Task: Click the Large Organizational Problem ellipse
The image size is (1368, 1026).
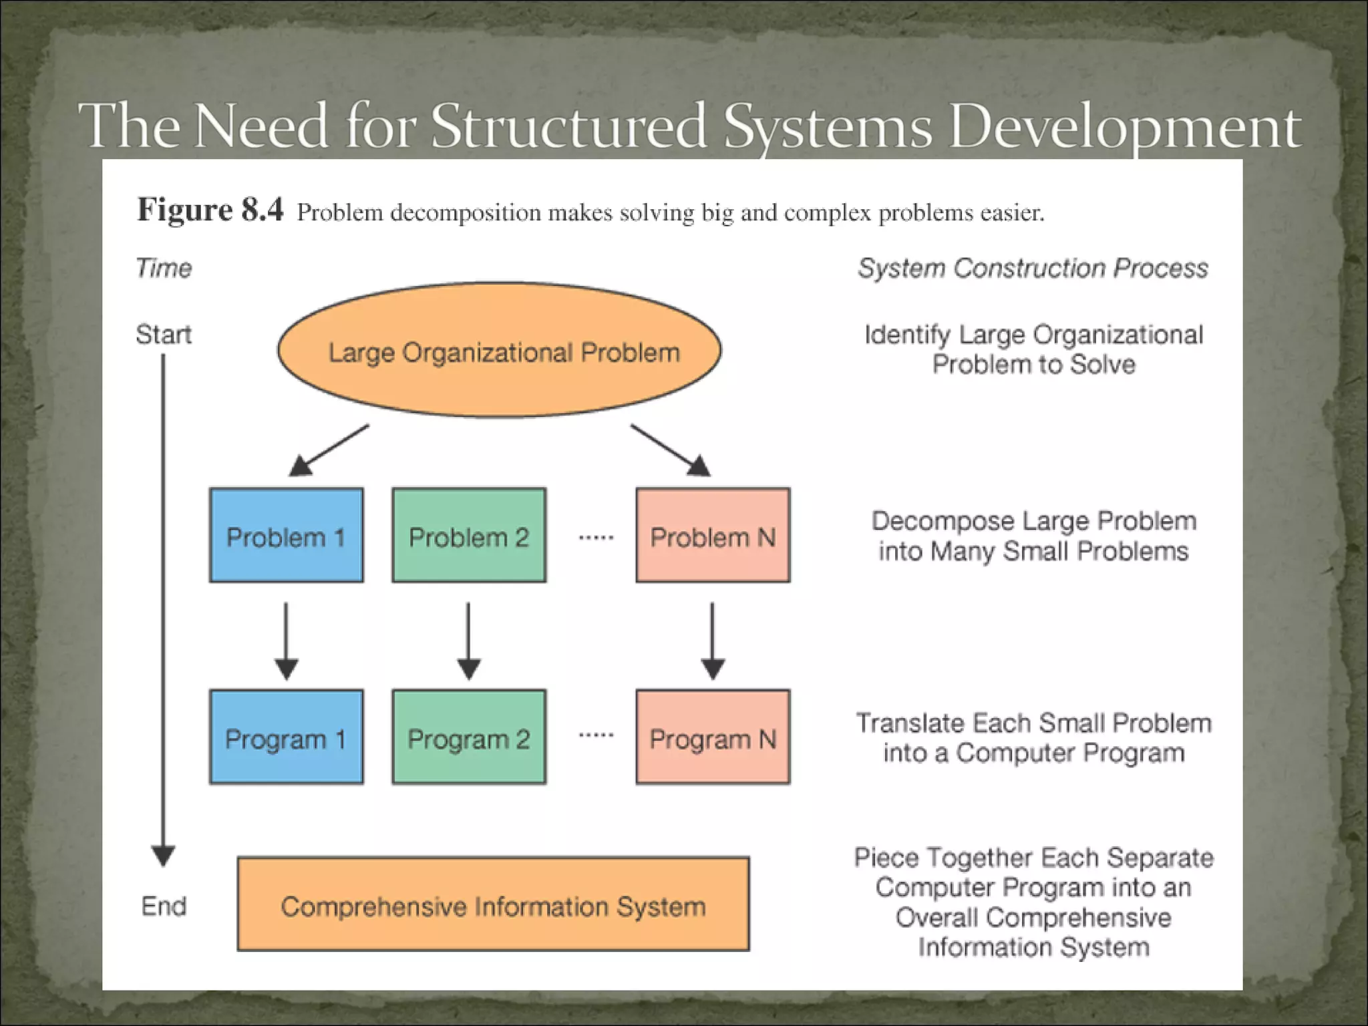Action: pyautogui.click(x=499, y=351)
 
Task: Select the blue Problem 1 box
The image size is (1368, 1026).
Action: pyautogui.click(x=287, y=535)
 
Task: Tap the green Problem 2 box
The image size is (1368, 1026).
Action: pyautogui.click(x=469, y=535)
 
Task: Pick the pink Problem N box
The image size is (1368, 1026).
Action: pyautogui.click(x=713, y=535)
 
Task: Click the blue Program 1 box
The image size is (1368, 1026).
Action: pyautogui.click(x=287, y=737)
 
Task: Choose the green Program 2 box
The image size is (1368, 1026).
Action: pyautogui.click(x=469, y=737)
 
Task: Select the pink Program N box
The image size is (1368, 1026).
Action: pyautogui.click(x=713, y=737)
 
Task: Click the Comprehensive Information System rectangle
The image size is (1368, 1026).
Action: pyautogui.click(x=493, y=904)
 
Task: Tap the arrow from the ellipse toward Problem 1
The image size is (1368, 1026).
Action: pyautogui.click(x=329, y=450)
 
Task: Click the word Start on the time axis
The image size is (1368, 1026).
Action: pyautogui.click(x=163, y=334)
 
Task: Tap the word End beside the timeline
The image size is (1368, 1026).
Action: pyautogui.click(x=164, y=906)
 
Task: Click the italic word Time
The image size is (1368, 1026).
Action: pyautogui.click(x=164, y=268)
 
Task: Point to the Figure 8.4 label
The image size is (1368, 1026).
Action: pyautogui.click(x=210, y=210)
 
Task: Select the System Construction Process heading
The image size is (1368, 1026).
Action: pyautogui.click(x=1033, y=268)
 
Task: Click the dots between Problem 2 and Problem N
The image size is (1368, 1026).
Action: pyautogui.click(x=596, y=537)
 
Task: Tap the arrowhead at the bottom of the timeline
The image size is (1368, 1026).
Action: pyautogui.click(x=163, y=855)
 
